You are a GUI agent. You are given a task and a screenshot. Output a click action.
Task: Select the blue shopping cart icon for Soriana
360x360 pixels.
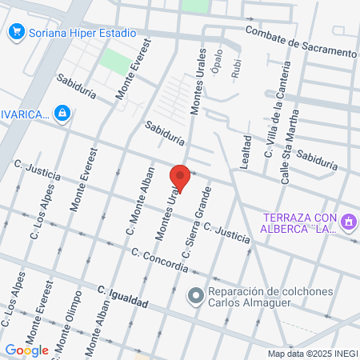[15, 33]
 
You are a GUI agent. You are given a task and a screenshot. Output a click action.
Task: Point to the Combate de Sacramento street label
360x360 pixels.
[301, 41]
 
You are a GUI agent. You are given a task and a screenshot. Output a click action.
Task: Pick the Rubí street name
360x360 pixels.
[235, 70]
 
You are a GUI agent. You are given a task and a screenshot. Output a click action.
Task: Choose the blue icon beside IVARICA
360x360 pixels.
[62, 114]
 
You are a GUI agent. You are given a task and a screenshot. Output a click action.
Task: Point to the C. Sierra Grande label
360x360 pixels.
[196, 223]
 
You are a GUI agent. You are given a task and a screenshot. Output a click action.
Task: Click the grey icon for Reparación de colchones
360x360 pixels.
[195, 297]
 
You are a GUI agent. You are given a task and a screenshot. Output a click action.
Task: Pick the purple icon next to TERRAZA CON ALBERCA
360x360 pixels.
[348, 220]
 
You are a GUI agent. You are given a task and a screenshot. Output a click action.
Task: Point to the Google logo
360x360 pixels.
[26, 350]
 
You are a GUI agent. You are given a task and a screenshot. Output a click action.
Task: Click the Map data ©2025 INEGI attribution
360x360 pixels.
[311, 353]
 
